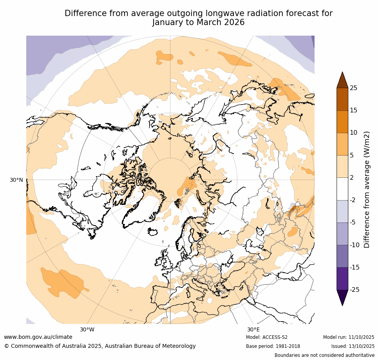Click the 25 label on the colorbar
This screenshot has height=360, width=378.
pyautogui.click(x=353, y=88)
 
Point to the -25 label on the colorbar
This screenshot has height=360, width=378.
pyautogui.click(x=354, y=290)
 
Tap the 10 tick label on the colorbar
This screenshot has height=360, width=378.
pyautogui.click(x=353, y=133)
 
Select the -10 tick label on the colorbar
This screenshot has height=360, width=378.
pyautogui.click(x=354, y=245)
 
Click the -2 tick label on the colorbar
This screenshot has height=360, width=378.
pyautogui.click(x=353, y=200)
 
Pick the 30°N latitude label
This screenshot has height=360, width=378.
pyautogui.click(x=16, y=180)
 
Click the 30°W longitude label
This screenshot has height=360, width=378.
pyautogui.click(x=87, y=329)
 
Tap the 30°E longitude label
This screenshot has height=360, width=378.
pyautogui.click(x=253, y=329)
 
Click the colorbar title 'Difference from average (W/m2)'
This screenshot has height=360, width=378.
pyautogui.click(x=367, y=189)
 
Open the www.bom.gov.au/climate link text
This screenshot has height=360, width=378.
pyautogui.click(x=38, y=337)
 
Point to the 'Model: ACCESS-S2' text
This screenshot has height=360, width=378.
pyautogui.click(x=267, y=337)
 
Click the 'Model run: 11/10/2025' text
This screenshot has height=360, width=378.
pyautogui.click(x=349, y=337)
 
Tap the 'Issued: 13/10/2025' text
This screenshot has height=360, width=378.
pyautogui.click(x=353, y=346)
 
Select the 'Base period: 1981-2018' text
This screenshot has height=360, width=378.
pyautogui.click(x=273, y=346)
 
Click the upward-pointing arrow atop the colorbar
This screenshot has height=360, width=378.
pyautogui.click(x=342, y=80)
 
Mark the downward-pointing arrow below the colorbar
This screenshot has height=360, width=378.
pyautogui.click(x=342, y=297)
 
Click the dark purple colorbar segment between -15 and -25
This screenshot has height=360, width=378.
pyautogui.click(x=342, y=279)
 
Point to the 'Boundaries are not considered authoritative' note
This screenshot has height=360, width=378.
pyautogui.click(x=324, y=355)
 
